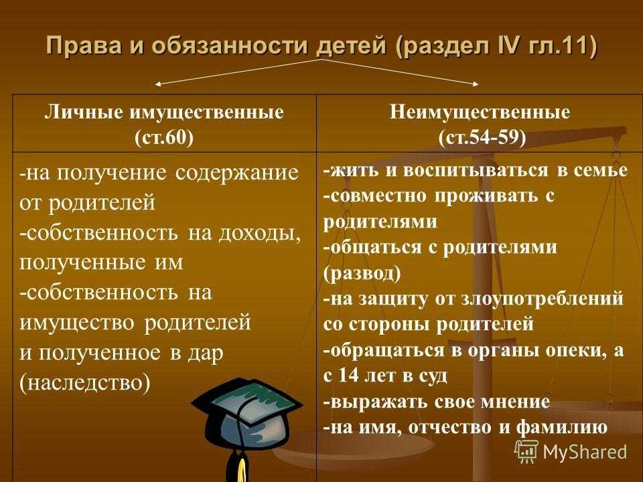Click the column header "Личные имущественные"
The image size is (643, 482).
click(164, 112)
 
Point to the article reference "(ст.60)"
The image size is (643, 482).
click(164, 137)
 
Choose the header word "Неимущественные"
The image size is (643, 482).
click(480, 112)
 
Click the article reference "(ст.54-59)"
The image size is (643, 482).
click(482, 137)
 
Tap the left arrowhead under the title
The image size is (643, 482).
click(158, 84)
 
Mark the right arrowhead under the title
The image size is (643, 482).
click(476, 84)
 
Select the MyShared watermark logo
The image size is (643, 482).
click(571, 451)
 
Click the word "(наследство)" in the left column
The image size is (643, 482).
click(85, 383)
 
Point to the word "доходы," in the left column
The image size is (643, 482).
click(260, 233)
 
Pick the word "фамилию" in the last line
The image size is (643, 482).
click(561, 427)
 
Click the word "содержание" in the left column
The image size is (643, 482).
click(237, 173)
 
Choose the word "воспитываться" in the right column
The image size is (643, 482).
click(476, 169)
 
